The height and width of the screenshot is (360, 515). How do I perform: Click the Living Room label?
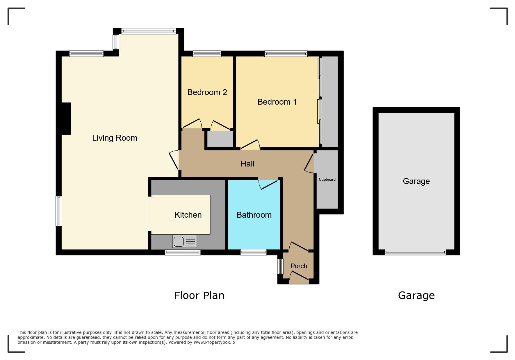115,138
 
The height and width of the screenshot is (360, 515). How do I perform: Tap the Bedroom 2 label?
207,92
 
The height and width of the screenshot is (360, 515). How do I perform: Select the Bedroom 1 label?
277,102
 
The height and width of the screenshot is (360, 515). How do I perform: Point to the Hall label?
247,164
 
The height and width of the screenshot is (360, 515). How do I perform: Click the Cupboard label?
327,180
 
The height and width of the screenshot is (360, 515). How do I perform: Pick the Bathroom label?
254,215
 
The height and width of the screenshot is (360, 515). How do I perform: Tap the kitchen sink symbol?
185,241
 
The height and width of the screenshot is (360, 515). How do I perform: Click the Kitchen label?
188,215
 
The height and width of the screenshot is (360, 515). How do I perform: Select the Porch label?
299,266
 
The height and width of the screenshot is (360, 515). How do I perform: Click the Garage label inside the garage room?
416,181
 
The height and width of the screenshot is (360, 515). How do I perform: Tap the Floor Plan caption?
199,295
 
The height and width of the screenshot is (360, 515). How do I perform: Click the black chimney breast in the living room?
66,119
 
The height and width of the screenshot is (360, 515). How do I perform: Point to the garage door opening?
415,252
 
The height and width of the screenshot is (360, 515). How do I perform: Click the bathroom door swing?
268,185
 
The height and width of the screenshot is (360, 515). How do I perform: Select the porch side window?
280,266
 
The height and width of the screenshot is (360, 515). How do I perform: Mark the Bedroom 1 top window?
286,53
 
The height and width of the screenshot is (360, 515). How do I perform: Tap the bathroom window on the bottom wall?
254,252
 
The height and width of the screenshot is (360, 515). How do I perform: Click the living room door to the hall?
174,160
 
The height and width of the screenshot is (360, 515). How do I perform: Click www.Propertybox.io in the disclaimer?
214,343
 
